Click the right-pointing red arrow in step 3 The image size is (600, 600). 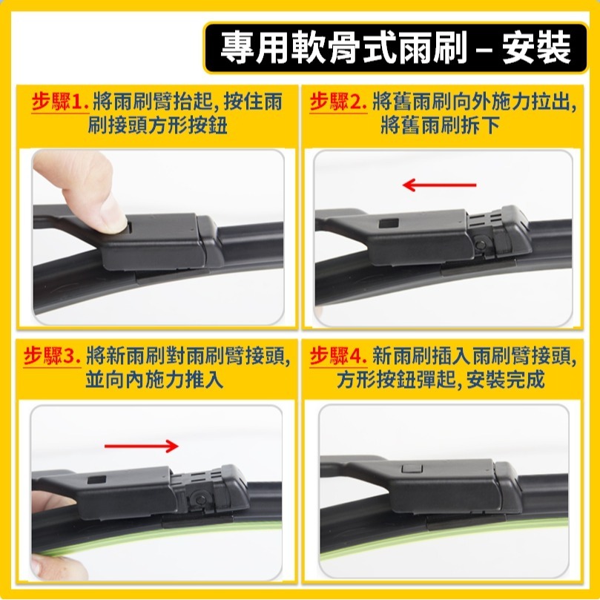pyautogui.click(x=142, y=446)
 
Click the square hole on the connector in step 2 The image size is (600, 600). pyautogui.click(x=387, y=223)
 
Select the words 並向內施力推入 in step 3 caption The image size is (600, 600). pyautogui.click(x=155, y=381)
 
